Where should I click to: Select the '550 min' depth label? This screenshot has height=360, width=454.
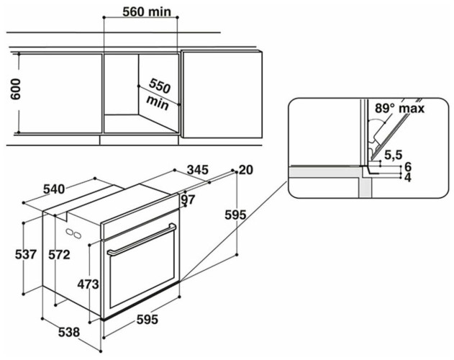157,94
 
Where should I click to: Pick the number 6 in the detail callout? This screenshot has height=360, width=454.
407,166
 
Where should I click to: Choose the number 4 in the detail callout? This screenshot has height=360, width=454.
407,176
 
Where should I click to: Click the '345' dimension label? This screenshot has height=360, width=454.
197,170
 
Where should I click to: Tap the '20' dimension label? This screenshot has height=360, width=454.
247,170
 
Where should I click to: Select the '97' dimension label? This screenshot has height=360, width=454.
189,199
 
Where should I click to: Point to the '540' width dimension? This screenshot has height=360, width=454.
54,189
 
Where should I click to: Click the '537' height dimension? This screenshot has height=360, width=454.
25,254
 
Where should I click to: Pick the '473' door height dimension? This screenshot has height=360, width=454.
87,284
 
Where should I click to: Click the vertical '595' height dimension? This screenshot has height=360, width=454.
235,214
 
